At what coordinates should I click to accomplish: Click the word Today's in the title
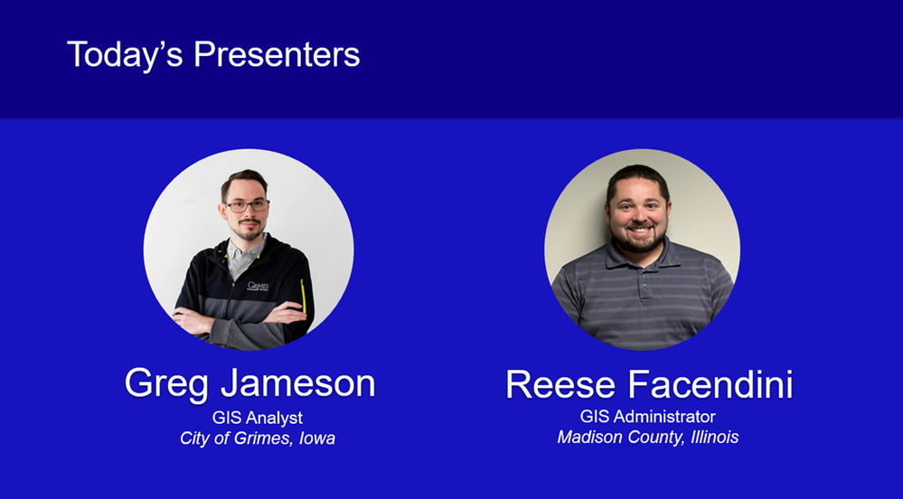pos(125,54)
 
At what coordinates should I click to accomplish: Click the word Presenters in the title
pos(276,54)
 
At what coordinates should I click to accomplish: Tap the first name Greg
pos(166,383)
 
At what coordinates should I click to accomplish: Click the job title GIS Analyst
pos(258,418)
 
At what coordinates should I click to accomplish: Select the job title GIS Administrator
pos(647,417)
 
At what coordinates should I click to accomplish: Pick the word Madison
pos(588,438)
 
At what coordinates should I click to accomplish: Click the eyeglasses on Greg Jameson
pos(247,206)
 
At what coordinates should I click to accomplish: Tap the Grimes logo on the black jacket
pos(258,286)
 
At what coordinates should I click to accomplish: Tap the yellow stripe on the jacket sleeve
pos(303,295)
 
